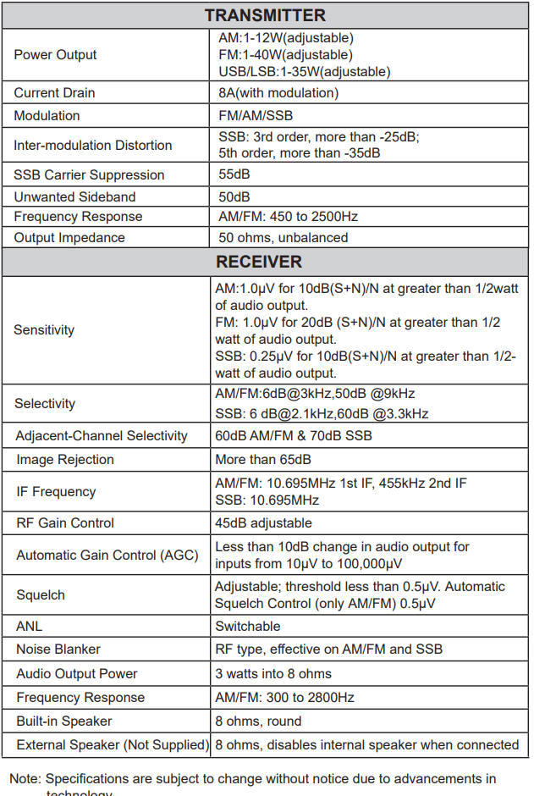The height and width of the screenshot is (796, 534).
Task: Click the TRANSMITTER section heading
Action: (264, 15)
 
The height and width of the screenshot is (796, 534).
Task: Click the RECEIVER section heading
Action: (264, 261)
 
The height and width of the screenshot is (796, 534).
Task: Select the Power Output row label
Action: (55, 55)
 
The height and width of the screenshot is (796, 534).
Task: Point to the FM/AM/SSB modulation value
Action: (256, 115)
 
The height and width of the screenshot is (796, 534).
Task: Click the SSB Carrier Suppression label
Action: (89, 174)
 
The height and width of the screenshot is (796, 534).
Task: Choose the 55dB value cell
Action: (234, 174)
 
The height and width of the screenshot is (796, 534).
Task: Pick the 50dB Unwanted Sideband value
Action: (234, 196)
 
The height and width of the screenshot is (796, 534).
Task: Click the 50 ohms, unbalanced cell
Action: (283, 238)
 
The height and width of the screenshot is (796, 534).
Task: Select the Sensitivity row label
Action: (44, 330)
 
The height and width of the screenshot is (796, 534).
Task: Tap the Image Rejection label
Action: (64, 460)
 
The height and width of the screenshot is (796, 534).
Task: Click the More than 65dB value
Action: (263, 460)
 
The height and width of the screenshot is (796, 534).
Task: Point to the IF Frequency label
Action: (56, 492)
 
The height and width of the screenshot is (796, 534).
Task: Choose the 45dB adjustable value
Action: (263, 523)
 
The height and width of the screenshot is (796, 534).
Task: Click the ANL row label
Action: (29, 627)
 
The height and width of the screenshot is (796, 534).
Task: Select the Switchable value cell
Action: (247, 627)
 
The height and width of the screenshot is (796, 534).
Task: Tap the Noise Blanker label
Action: (58, 650)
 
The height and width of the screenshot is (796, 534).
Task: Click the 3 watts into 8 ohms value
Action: (273, 674)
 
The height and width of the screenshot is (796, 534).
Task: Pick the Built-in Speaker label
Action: (63, 721)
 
